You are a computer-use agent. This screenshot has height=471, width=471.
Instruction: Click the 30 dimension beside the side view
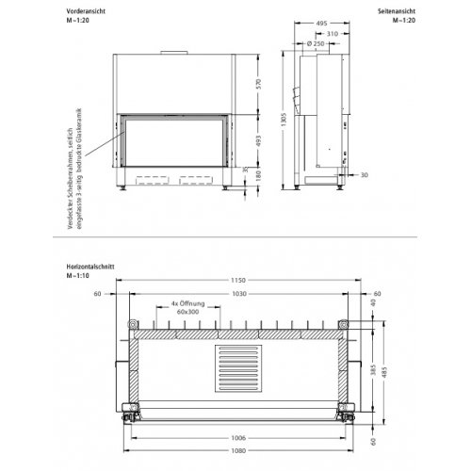[365, 174]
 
